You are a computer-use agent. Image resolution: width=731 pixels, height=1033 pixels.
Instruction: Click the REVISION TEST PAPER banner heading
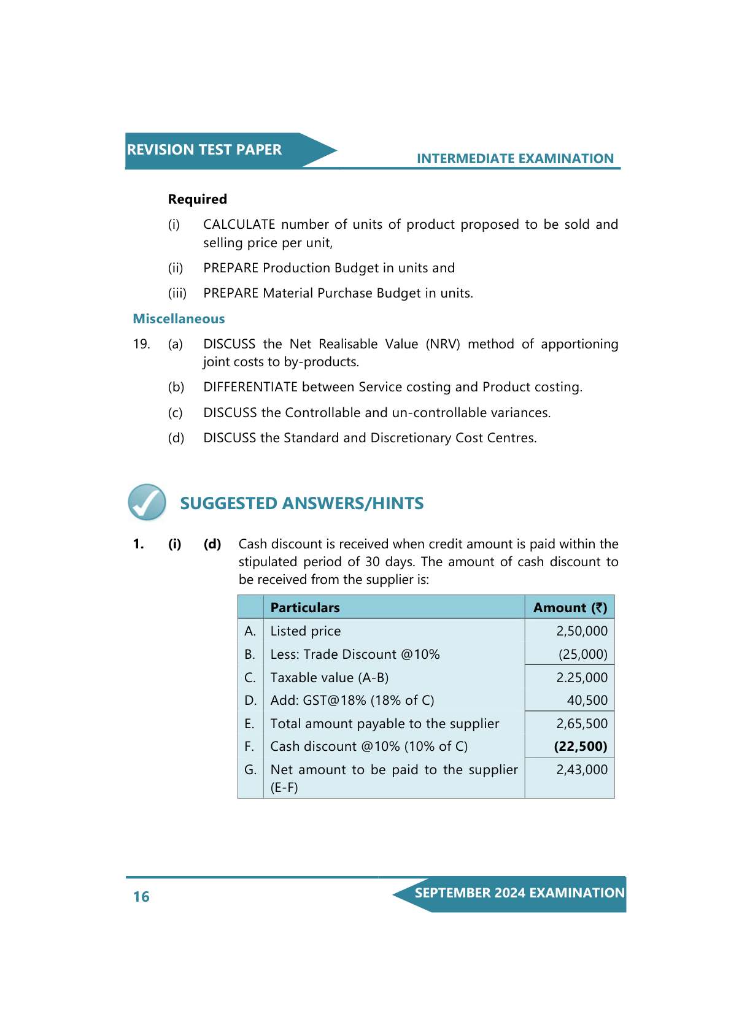click(204, 150)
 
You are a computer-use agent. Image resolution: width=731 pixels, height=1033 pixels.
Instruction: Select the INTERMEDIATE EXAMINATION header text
click(515, 159)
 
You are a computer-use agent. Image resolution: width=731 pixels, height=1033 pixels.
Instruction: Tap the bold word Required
click(198, 199)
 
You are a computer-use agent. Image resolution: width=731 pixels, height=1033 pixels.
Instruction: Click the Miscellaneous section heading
click(179, 319)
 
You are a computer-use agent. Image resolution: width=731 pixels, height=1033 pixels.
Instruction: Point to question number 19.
click(141, 344)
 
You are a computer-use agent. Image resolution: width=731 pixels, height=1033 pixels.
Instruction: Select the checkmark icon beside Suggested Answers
click(147, 502)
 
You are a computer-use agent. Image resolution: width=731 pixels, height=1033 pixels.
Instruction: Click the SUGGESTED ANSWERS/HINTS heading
click(301, 504)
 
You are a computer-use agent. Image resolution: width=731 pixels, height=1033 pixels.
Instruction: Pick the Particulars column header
click(305, 608)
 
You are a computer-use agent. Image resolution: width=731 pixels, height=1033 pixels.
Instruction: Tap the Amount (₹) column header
click(570, 608)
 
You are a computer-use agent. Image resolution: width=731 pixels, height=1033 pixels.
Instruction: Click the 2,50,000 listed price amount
click(582, 631)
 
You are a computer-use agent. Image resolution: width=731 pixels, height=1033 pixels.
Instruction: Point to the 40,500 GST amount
click(587, 701)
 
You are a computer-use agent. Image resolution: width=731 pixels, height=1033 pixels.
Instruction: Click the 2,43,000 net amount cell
click(582, 770)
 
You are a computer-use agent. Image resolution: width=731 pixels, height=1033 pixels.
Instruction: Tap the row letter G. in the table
click(250, 770)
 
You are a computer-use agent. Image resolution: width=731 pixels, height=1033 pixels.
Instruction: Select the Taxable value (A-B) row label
click(330, 678)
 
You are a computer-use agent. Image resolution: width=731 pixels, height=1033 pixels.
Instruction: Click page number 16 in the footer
click(141, 897)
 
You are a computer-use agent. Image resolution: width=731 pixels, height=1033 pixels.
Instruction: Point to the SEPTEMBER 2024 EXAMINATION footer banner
click(519, 893)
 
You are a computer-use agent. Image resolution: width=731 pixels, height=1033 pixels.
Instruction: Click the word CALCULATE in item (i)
click(239, 225)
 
